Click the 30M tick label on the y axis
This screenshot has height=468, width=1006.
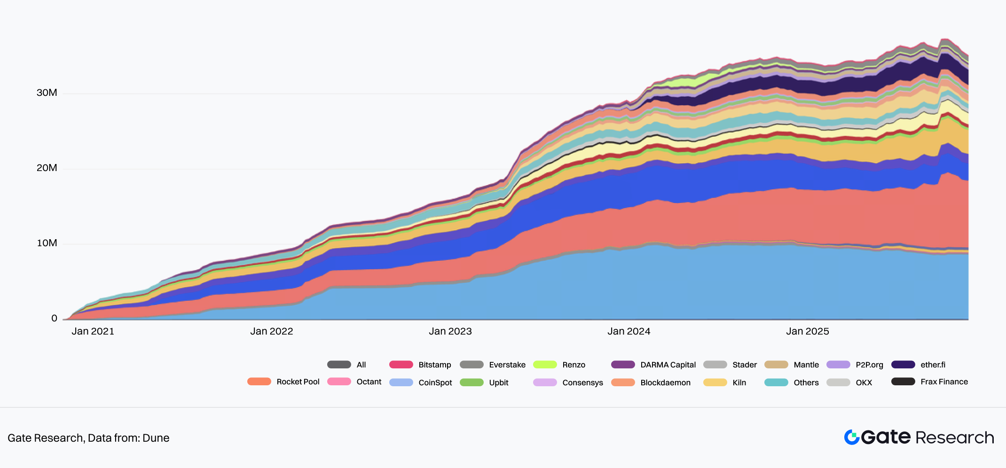click(x=47, y=93)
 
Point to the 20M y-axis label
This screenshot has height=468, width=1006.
click(x=47, y=168)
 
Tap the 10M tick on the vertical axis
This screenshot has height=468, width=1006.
click(x=47, y=243)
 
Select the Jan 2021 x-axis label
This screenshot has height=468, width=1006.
click(x=93, y=331)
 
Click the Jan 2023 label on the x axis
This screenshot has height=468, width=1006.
click(x=450, y=331)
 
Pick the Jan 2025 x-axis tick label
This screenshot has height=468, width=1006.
click(x=807, y=331)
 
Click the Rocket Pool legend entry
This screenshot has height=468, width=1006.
click(x=298, y=382)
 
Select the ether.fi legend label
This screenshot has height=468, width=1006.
click(x=933, y=365)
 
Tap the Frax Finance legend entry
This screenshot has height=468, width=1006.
click(x=944, y=382)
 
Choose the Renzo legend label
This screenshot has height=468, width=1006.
click(x=574, y=365)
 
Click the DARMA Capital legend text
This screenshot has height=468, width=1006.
click(x=668, y=365)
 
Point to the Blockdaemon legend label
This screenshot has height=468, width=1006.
click(x=665, y=382)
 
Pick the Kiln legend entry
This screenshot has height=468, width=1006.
click(x=739, y=382)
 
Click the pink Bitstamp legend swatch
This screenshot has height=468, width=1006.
click(x=401, y=365)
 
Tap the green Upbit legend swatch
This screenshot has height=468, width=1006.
click(x=472, y=382)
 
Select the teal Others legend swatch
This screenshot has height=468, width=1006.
click(x=776, y=382)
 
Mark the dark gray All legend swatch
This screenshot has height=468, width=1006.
click(x=339, y=365)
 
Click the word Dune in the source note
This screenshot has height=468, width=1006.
click(x=156, y=438)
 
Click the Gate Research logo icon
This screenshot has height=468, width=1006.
click(x=851, y=437)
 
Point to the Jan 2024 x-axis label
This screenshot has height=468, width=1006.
click(x=629, y=331)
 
